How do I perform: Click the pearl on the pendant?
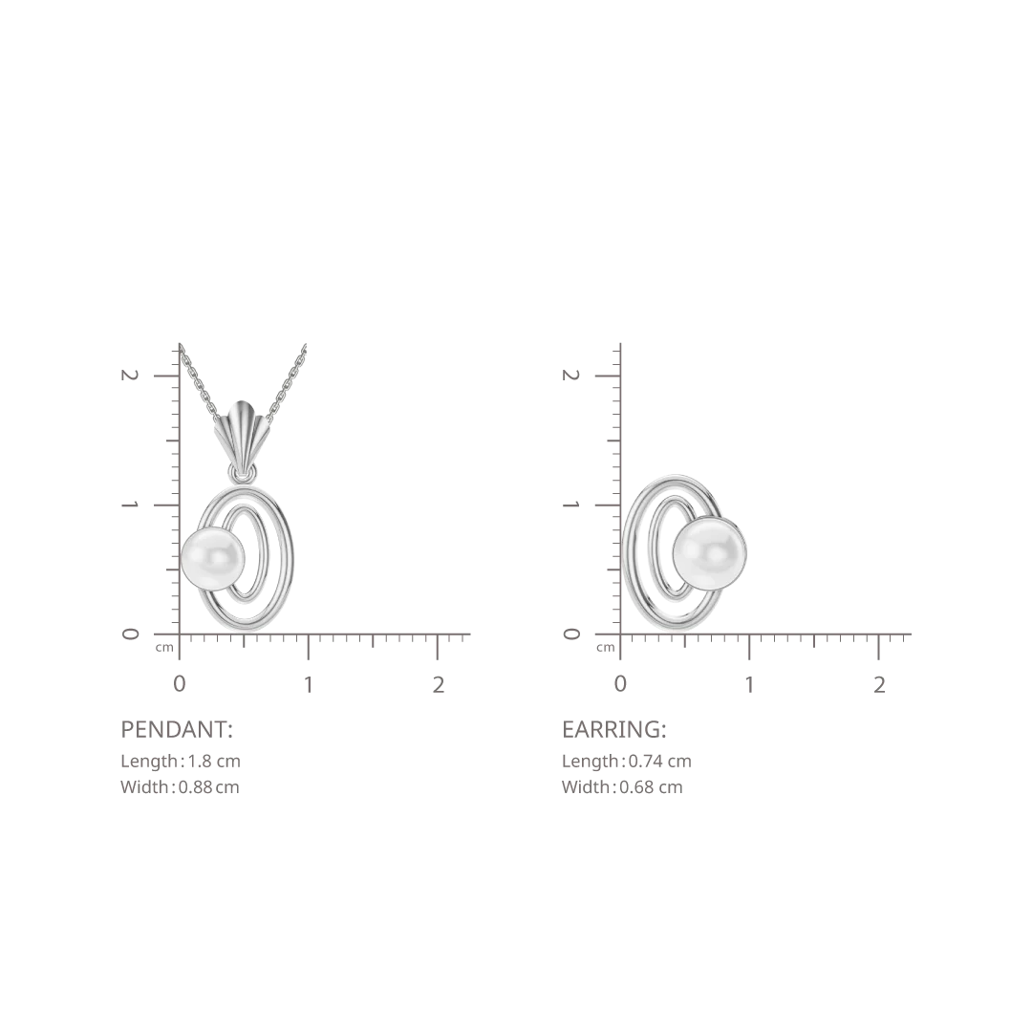tap(212, 558)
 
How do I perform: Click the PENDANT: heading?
tap(177, 729)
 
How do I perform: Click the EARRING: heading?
tap(614, 729)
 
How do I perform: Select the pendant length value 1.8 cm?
tap(215, 762)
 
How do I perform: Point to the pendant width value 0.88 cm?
tap(209, 787)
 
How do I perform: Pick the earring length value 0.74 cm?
tap(660, 762)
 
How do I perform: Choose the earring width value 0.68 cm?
tap(651, 787)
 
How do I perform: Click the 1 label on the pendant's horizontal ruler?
tap(308, 685)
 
